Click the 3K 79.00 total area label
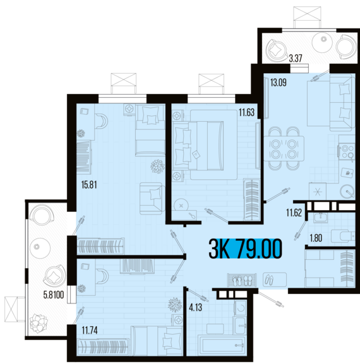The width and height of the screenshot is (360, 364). pyautogui.click(x=246, y=249)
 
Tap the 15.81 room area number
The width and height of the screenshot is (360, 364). pyautogui.click(x=89, y=185)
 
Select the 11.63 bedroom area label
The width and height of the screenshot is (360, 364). pyautogui.click(x=247, y=112)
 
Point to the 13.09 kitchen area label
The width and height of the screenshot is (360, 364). pyautogui.click(x=278, y=83)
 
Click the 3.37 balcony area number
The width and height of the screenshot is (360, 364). pyautogui.click(x=296, y=58)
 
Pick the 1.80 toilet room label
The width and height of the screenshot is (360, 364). pyautogui.click(x=316, y=238)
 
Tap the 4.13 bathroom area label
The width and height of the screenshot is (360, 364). pyautogui.click(x=195, y=308)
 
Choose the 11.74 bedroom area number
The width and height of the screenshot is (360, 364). pyautogui.click(x=90, y=330)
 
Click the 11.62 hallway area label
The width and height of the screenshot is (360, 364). pyautogui.click(x=294, y=213)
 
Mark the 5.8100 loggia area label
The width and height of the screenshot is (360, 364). pyautogui.click(x=54, y=295)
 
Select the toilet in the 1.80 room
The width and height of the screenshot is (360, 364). pyautogui.click(x=343, y=237)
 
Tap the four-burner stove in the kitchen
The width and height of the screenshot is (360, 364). pyautogui.click(x=347, y=151)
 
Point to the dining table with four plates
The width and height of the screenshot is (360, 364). pyautogui.click(x=284, y=149)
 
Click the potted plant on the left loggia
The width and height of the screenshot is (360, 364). pyautogui.click(x=39, y=323)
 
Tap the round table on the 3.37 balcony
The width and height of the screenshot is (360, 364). pyautogui.click(x=322, y=42)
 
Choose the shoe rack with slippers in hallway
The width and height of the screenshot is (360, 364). pyautogui.click(x=242, y=280)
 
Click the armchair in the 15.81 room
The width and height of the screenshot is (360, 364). pyautogui.click(x=152, y=199)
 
